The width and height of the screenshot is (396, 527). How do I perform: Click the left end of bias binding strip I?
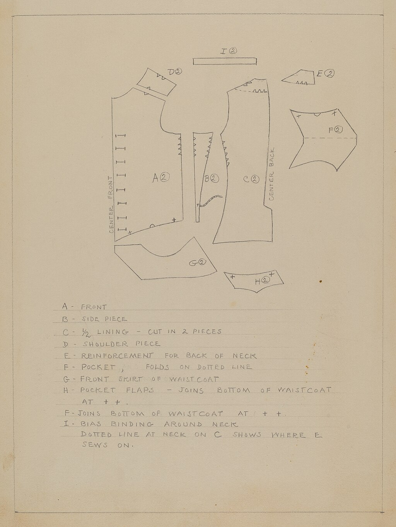click(x=193, y=61)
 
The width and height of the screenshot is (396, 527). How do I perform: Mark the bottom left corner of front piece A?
click(x=115, y=241)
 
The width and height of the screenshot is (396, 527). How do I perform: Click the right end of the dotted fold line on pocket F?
click(x=357, y=138)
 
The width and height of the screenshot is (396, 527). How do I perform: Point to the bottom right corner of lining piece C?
click(x=272, y=241)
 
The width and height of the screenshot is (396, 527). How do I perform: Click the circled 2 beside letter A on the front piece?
click(x=165, y=178)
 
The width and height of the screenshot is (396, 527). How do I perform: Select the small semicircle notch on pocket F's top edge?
click(x=317, y=114)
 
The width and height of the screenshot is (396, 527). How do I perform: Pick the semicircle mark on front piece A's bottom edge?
click(x=152, y=226)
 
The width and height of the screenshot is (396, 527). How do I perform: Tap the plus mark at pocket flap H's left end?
click(x=232, y=277)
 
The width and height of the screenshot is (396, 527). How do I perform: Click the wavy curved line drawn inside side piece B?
click(x=209, y=201)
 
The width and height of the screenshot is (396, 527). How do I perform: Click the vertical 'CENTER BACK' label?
click(x=271, y=174)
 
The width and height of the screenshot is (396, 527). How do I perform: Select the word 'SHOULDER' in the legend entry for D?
click(x=106, y=344)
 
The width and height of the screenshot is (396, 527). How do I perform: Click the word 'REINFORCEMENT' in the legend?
click(x=117, y=356)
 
